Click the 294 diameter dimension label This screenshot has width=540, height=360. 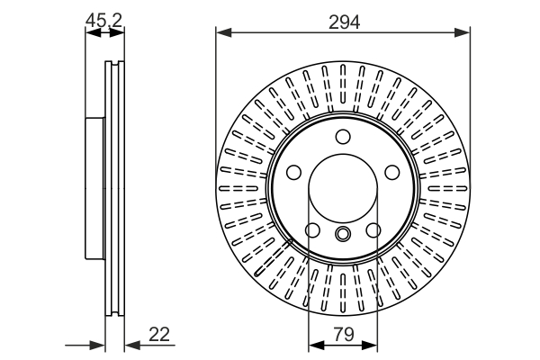[344, 22]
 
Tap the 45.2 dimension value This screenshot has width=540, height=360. [103, 21]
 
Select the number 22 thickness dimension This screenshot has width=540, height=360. [159, 334]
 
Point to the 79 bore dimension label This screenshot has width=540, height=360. [344, 334]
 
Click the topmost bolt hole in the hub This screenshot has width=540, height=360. [343, 137]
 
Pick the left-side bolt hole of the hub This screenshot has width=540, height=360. [293, 172]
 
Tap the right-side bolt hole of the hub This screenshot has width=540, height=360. [391, 172]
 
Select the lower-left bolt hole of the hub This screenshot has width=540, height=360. [312, 230]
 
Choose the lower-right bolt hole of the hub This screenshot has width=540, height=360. [373, 230]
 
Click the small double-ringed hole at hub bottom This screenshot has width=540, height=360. [343, 234]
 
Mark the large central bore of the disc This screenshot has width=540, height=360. [343, 188]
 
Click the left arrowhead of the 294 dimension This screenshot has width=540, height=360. [223, 32]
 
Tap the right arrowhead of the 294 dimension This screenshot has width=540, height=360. [463, 32]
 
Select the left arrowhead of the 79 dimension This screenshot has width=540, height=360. [317, 345]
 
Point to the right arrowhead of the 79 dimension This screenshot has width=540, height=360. [370, 345]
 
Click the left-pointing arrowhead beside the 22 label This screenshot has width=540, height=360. [132, 345]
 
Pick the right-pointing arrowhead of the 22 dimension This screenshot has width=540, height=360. [97, 345]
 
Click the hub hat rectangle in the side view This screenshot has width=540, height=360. [94, 188]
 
